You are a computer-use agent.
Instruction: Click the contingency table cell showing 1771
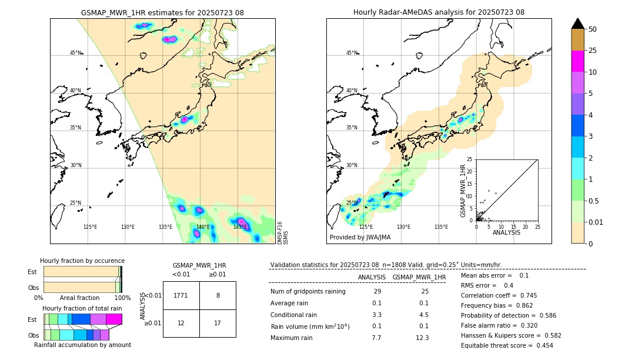point(181,295)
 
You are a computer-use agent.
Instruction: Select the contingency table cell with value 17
point(218,323)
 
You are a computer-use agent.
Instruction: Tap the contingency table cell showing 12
point(181,323)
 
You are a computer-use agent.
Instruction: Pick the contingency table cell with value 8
point(218,295)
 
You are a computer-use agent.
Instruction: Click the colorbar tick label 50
point(593,29)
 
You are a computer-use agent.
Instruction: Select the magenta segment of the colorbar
point(578,61)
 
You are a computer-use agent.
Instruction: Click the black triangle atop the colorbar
point(578,24)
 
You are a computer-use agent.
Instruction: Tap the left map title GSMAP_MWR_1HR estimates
point(162,12)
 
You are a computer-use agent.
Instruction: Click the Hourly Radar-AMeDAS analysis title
point(439,12)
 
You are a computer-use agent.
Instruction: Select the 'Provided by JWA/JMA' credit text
point(360,237)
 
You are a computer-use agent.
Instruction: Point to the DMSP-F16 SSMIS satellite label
point(283,233)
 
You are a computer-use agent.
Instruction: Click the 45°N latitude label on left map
point(76,53)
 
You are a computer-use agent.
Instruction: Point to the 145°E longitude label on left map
point(240,227)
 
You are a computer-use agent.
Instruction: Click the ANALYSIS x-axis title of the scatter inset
point(506,233)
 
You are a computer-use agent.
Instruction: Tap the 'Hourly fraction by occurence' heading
point(82,261)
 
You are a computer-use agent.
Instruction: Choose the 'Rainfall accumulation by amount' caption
point(82,345)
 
